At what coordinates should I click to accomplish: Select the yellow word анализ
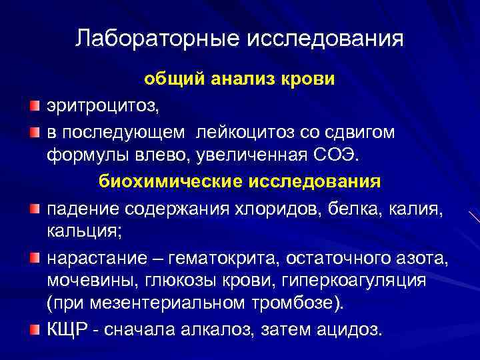(243, 80)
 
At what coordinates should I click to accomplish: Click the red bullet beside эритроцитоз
(35, 106)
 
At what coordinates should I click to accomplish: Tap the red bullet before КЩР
(35, 329)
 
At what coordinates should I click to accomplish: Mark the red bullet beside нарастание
(35, 257)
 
